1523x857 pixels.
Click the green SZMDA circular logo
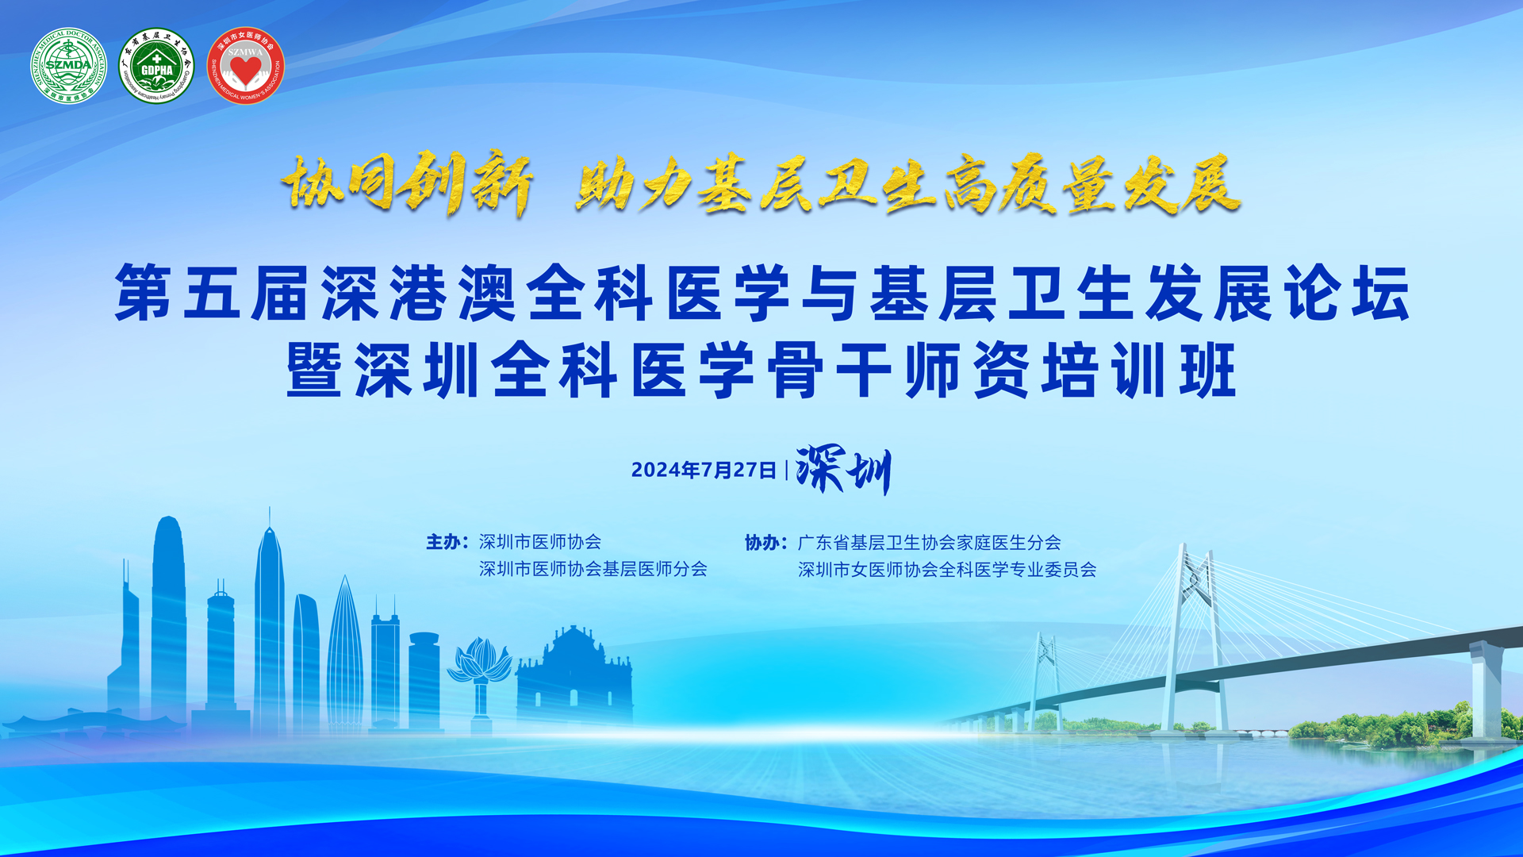pos(68,66)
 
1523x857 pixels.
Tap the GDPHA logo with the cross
pos(156,66)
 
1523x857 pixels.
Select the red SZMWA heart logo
pos(245,66)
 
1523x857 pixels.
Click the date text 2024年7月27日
pos(704,470)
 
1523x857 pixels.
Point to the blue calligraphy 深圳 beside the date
pos(843,470)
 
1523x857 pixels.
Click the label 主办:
pos(447,542)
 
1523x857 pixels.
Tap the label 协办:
pos(765,543)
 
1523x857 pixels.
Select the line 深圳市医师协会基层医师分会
pos(593,569)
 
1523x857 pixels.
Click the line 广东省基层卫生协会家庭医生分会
pos(929,543)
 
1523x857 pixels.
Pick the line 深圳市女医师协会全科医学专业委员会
pos(947,570)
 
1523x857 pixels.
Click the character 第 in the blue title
pos(144,293)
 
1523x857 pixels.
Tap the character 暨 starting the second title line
pos(315,369)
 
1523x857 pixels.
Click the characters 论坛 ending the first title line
pos(1347,293)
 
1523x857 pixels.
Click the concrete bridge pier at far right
pos(1487,690)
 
